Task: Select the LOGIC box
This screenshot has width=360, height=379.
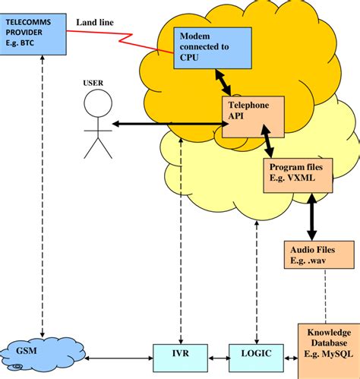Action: pyautogui.click(x=250, y=354)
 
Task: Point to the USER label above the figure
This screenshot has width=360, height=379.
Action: pyautogui.click(x=93, y=82)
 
